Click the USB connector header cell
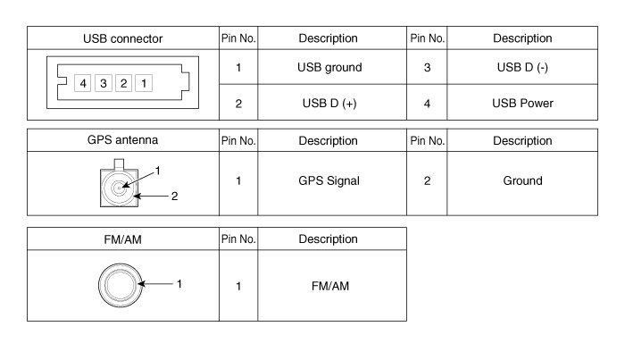point(123,38)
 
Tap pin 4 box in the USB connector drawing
point(84,84)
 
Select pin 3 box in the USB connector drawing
point(104,84)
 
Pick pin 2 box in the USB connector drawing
point(123,84)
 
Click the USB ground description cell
point(329,67)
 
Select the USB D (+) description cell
point(329,104)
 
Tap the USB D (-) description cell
point(522,67)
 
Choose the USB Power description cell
point(522,104)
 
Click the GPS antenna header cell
point(123,141)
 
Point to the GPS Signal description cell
point(329,180)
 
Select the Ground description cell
point(522,180)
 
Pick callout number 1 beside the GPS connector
point(157,170)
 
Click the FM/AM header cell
point(123,239)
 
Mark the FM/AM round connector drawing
point(119,285)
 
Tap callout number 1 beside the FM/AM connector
point(179,284)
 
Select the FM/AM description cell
point(329,286)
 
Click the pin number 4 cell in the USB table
point(427,104)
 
